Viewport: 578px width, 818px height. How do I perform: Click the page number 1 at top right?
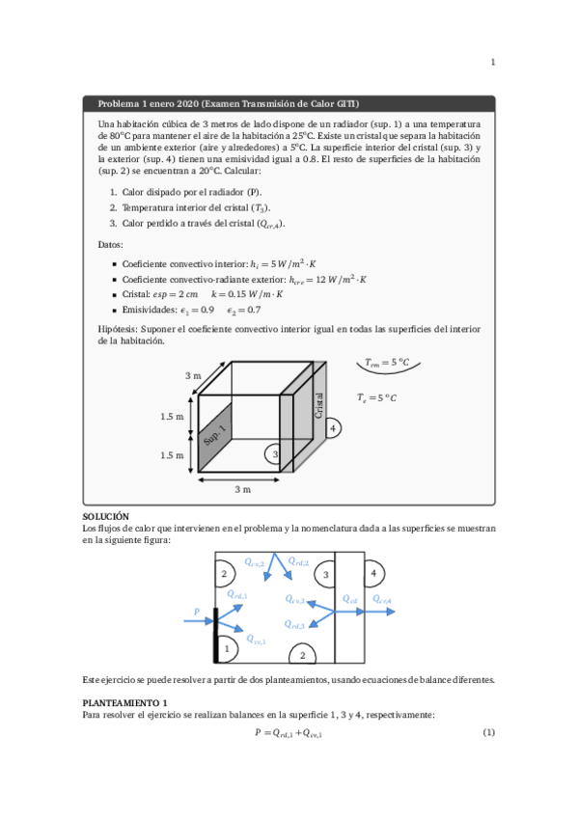pyautogui.click(x=493, y=64)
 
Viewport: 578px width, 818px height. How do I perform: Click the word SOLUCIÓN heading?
pyautogui.click(x=106, y=517)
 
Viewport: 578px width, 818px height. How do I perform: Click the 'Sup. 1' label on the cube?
pyautogui.click(x=214, y=435)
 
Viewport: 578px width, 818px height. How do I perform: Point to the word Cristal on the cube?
pyautogui.click(x=319, y=404)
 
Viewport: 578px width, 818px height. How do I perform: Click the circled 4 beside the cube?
pyautogui.click(x=332, y=426)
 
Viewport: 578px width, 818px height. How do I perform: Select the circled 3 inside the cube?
pyautogui.click(x=275, y=453)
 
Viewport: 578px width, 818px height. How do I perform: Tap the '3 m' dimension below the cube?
pyautogui.click(x=242, y=489)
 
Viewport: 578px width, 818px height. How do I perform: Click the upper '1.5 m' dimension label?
pyautogui.click(x=172, y=417)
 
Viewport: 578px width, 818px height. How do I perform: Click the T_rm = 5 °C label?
pyautogui.click(x=387, y=364)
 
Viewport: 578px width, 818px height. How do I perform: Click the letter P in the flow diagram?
pyautogui.click(x=197, y=611)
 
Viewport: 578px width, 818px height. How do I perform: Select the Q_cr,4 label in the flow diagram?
pyautogui.click(x=382, y=601)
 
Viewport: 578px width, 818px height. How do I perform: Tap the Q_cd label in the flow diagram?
pyautogui.click(x=350, y=599)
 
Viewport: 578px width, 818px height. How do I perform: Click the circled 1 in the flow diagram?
pyautogui.click(x=226, y=649)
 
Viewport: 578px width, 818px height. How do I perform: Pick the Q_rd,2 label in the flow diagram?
pyautogui.click(x=298, y=560)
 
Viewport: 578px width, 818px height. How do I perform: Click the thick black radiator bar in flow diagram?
pyautogui.click(x=215, y=628)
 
